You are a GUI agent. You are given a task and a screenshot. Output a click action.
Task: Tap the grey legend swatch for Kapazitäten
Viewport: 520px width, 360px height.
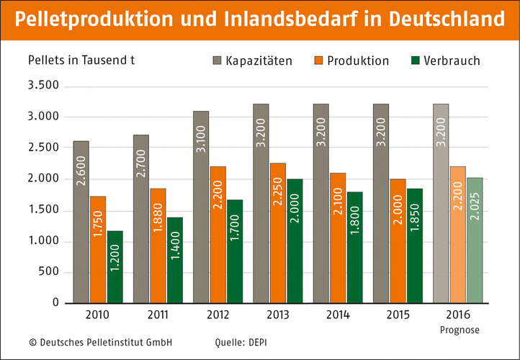[216, 60]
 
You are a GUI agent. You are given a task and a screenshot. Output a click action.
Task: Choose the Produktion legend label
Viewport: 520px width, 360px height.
[358, 60]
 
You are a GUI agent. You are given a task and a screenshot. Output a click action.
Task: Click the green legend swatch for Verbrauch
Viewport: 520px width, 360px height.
[416, 60]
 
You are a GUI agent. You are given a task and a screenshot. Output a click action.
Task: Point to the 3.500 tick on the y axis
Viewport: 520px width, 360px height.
[43, 86]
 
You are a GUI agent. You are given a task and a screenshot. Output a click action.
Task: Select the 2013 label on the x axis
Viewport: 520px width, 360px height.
[277, 315]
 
